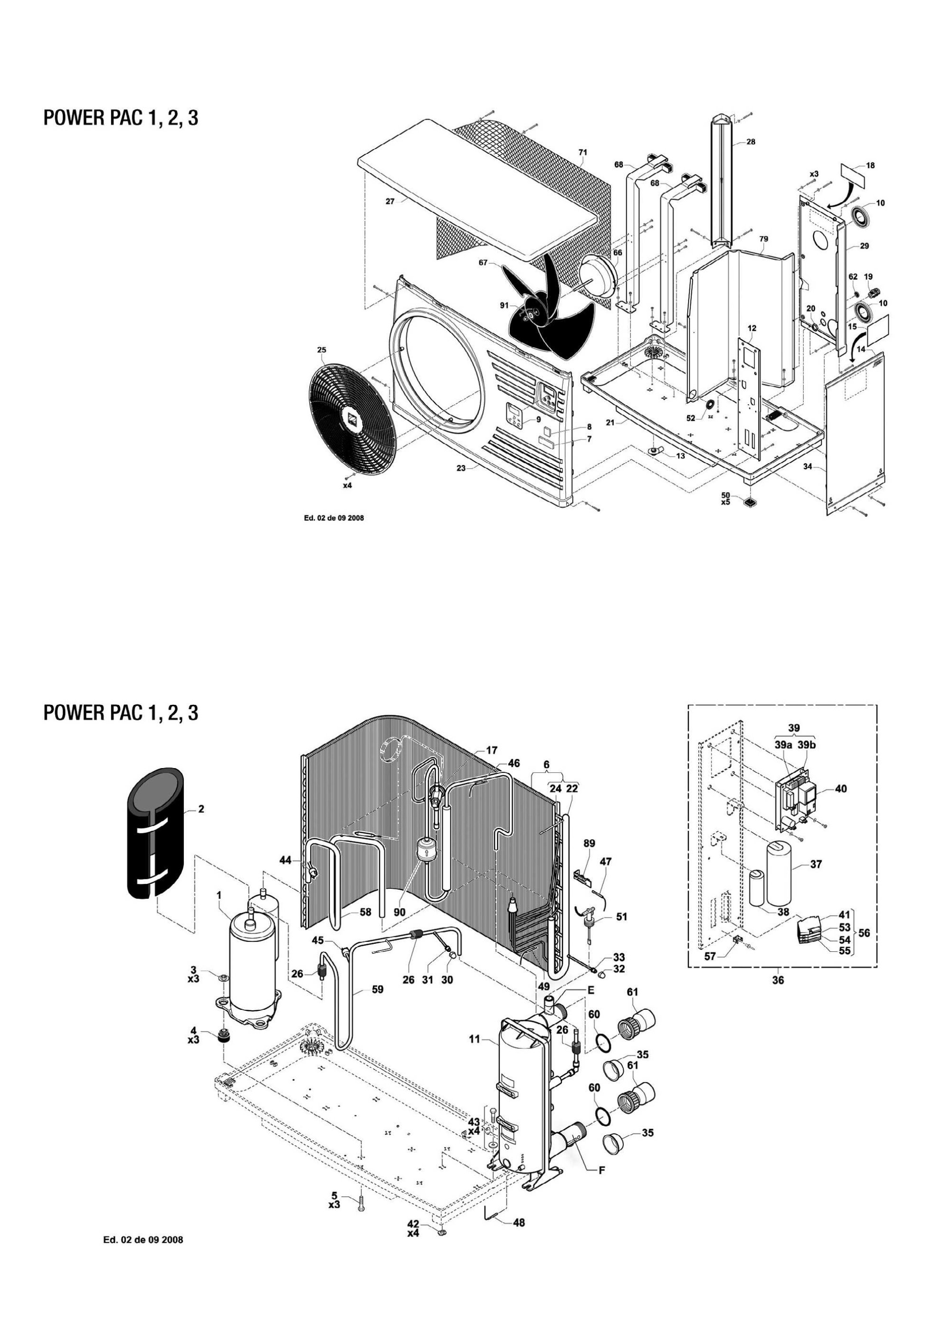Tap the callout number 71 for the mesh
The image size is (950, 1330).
583,152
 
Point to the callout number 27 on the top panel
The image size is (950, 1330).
390,201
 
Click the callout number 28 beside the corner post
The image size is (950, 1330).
751,142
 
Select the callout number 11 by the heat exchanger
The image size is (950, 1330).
474,1039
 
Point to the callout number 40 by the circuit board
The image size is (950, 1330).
841,789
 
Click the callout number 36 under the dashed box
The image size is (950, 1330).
778,980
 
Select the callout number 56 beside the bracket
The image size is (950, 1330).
864,933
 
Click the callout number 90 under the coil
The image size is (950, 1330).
399,912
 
